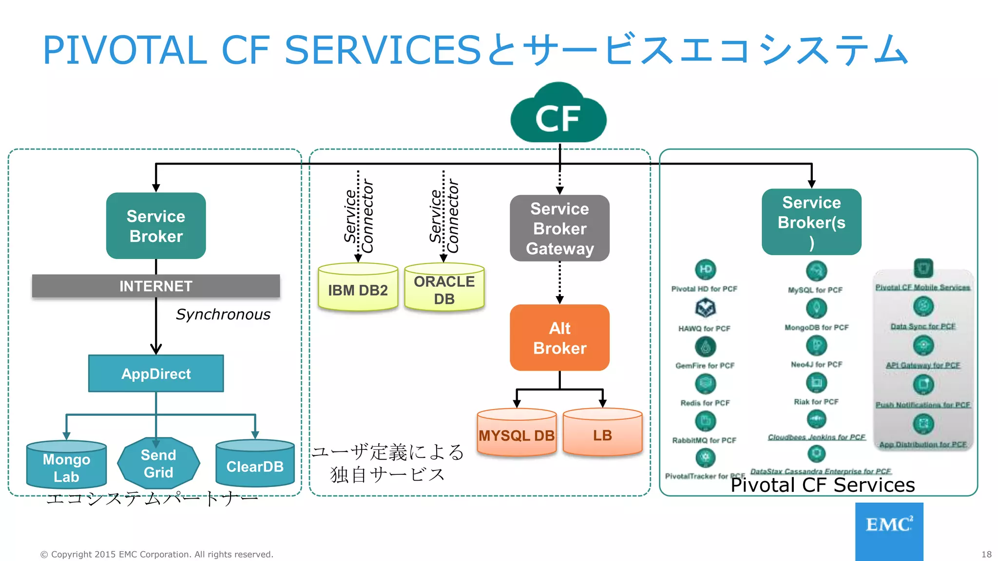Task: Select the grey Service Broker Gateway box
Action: point(559,228)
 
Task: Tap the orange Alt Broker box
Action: point(559,338)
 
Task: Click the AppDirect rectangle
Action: point(156,374)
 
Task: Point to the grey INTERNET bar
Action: point(156,286)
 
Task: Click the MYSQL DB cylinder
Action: point(517,433)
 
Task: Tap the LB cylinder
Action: point(602,433)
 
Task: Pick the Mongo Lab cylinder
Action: point(66,466)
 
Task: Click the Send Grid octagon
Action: point(158,464)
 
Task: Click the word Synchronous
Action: point(223,315)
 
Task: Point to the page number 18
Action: point(986,554)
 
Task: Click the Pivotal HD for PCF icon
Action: point(705,269)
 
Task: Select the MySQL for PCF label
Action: point(815,290)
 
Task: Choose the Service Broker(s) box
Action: point(811,222)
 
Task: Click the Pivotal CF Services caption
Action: point(823,485)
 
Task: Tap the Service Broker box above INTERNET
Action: point(156,226)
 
